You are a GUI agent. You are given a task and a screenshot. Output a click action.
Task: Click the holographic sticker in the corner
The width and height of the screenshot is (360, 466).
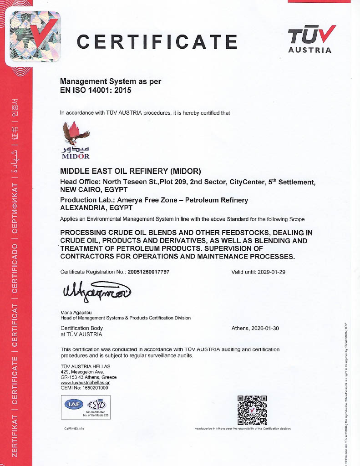[x=34, y=37]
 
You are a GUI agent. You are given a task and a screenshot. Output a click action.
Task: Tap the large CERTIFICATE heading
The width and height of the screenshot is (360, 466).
[x=157, y=42]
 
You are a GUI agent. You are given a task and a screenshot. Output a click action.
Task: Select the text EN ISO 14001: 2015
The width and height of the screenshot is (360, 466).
[x=96, y=90]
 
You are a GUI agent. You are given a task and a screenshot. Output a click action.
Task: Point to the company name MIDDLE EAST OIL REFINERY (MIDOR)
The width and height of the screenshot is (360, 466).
[x=131, y=171]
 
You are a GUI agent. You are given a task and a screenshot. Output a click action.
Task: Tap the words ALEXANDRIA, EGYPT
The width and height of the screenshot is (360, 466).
[x=96, y=208]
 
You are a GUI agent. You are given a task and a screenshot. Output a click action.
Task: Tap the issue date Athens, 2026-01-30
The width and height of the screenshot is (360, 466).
[x=255, y=328]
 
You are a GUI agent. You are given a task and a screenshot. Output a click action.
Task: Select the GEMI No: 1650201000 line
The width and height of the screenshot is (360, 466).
[x=84, y=388]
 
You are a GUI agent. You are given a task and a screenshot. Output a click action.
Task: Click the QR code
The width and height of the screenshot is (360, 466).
[x=252, y=410]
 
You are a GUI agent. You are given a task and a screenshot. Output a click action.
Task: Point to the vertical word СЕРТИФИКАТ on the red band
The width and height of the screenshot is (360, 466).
[x=15, y=211]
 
